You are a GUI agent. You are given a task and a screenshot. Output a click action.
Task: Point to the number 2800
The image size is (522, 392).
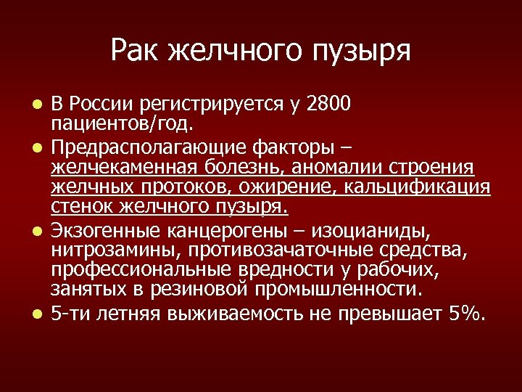coord(328,104)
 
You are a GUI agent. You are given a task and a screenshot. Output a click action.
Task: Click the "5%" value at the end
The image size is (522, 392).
coord(467,314)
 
